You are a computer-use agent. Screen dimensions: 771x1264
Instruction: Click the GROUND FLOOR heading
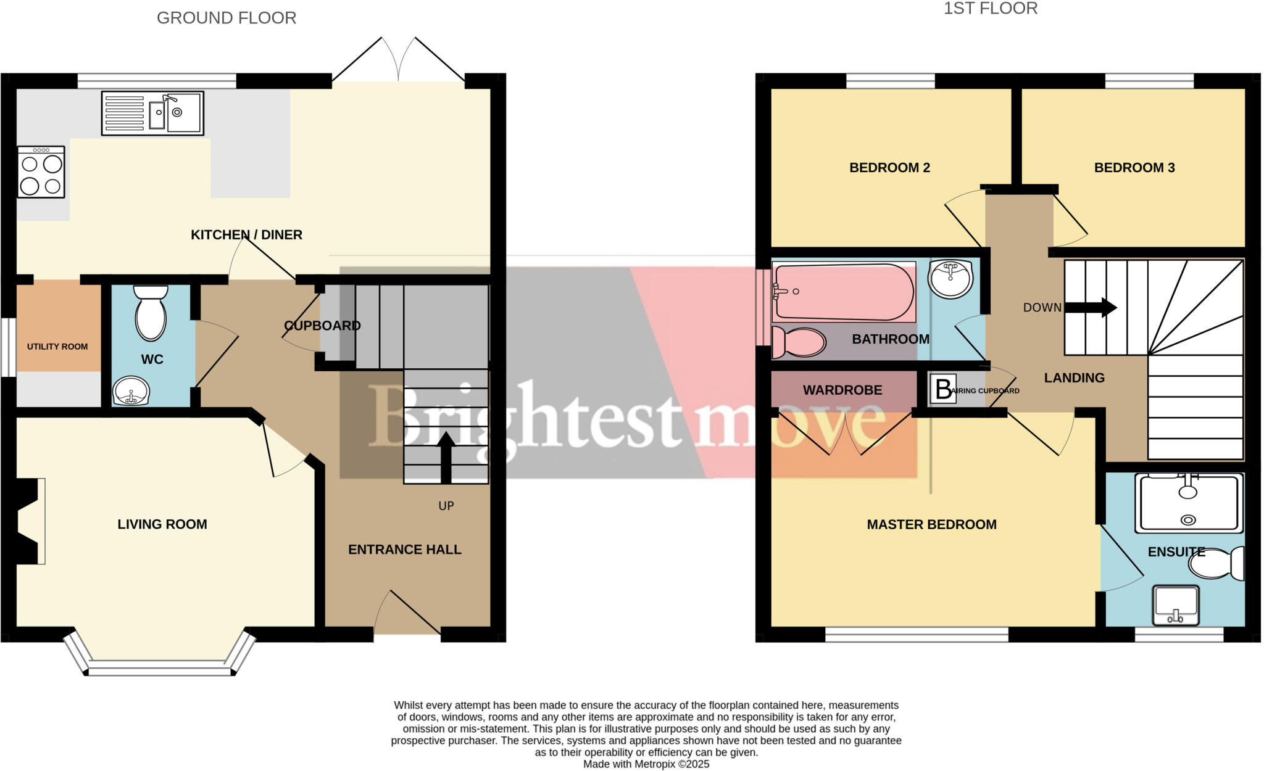pyautogui.click(x=227, y=18)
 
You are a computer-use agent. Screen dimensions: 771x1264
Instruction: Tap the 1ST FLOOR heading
pyautogui.click(x=991, y=9)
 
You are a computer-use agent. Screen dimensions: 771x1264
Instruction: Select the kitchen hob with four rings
pyautogui.click(x=41, y=172)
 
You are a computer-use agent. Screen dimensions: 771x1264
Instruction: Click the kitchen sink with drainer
pyautogui.click(x=152, y=113)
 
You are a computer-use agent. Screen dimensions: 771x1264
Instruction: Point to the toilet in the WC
pyautogui.click(x=151, y=313)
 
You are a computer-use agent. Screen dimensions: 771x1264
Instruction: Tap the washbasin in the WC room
pyautogui.click(x=131, y=390)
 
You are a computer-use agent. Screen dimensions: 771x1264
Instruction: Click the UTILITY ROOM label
pyautogui.click(x=57, y=347)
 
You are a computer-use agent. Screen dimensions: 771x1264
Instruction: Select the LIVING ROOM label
pyautogui.click(x=162, y=524)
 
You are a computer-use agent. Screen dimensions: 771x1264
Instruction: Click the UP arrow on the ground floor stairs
pyautogui.click(x=446, y=457)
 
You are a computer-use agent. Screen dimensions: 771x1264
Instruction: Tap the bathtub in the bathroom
pyautogui.click(x=843, y=292)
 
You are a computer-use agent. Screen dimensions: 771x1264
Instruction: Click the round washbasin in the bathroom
pyautogui.click(x=950, y=278)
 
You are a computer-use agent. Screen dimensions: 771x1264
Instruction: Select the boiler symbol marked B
pyautogui.click(x=942, y=389)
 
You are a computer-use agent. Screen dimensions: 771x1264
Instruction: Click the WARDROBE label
pyautogui.click(x=842, y=390)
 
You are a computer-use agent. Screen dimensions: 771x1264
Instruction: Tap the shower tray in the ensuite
pyautogui.click(x=1188, y=503)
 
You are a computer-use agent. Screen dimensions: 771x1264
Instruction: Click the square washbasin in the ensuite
pyautogui.click(x=1176, y=604)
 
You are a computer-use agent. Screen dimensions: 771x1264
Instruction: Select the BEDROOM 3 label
pyautogui.click(x=1134, y=168)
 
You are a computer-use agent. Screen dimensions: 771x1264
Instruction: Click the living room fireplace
pyautogui.click(x=28, y=521)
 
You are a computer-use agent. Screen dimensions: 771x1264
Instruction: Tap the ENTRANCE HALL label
pyautogui.click(x=404, y=550)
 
